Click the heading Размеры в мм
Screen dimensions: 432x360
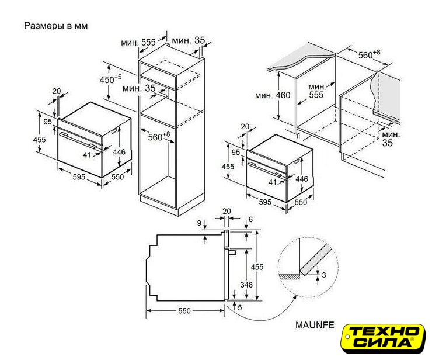click(x=56, y=26)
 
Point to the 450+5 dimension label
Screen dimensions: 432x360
click(x=110, y=79)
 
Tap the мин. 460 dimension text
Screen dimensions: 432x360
click(x=273, y=95)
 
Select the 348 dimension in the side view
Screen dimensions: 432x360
click(x=246, y=285)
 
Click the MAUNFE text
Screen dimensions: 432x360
click(x=315, y=325)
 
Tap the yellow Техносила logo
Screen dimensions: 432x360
click(x=383, y=338)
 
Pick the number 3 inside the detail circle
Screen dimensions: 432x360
click(x=324, y=275)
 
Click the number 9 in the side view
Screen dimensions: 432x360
click(x=199, y=223)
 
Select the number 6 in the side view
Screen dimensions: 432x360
click(x=250, y=220)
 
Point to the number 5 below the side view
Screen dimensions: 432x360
click(x=240, y=307)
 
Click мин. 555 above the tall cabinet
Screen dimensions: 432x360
click(x=138, y=43)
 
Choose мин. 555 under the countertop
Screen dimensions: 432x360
click(x=316, y=91)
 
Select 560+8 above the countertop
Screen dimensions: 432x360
click(x=369, y=54)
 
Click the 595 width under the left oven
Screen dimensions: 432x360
click(x=79, y=177)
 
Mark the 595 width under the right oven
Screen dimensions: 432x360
click(x=265, y=202)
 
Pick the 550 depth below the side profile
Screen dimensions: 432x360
click(x=184, y=311)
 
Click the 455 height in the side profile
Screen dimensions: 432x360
click(x=257, y=267)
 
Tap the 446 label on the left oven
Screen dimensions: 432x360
click(x=119, y=152)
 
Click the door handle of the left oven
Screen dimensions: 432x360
click(x=78, y=140)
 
